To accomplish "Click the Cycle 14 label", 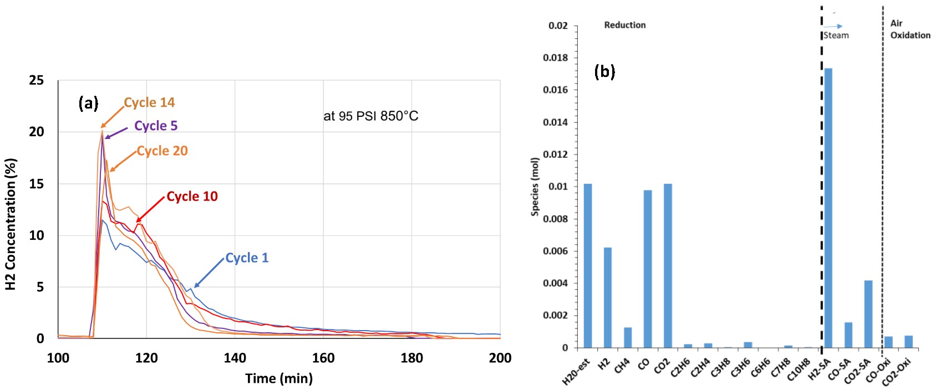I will [149, 102].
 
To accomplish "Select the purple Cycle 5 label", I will [155, 126].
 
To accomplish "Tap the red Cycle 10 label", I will [192, 196].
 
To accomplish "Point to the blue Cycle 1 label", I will [247, 258].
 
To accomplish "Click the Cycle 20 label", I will [162, 151].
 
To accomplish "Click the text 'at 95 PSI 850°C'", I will [370, 116].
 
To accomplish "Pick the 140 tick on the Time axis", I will [235, 358].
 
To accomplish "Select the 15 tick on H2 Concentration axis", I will [37, 184].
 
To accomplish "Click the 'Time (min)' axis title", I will [279, 378].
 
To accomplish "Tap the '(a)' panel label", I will [88, 103].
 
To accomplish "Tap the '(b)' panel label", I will [604, 71].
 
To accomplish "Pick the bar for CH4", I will [628, 337].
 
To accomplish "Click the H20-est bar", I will [588, 266].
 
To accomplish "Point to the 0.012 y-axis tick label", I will [555, 154].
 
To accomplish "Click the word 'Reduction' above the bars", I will [624, 25].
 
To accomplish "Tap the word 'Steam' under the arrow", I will [836, 35].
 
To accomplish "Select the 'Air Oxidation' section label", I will [909, 29].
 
